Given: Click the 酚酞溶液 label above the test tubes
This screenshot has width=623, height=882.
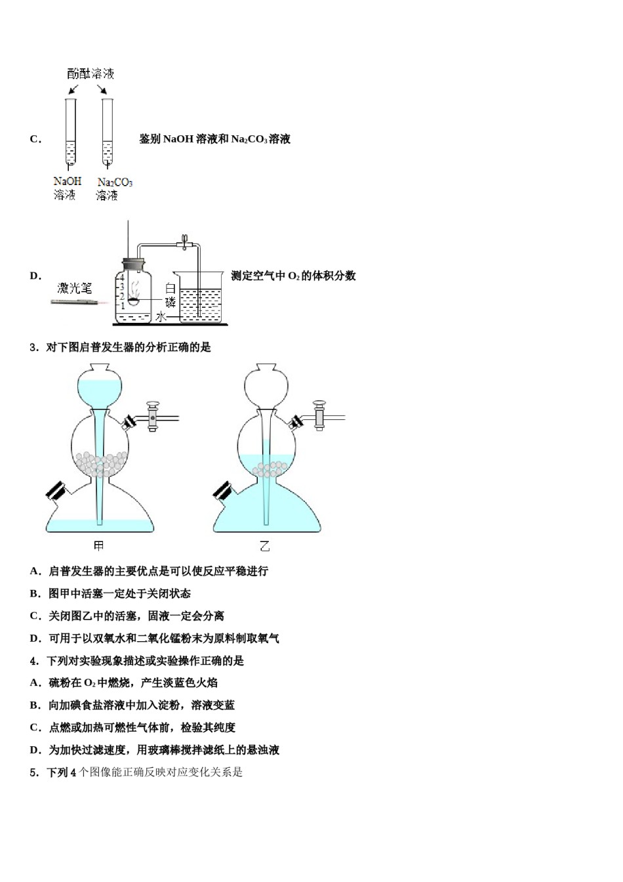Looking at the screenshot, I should click(90, 73).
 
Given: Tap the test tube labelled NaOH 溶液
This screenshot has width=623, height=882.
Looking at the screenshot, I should click(71, 131).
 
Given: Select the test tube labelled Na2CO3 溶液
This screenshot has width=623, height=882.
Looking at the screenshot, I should click(108, 131).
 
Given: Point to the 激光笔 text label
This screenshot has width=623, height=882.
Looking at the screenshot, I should click(75, 287).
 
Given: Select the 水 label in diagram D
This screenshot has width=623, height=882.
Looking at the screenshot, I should click(160, 317).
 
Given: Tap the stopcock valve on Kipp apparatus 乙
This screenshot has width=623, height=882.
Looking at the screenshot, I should click(320, 415).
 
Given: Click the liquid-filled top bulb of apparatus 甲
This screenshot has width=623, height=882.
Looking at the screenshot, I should click(100, 388).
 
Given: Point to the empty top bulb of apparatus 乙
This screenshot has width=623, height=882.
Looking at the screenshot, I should click(266, 388).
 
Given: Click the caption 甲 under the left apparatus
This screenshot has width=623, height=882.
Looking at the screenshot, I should click(99, 546).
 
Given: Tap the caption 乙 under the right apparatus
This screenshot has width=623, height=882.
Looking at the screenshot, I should click(265, 546).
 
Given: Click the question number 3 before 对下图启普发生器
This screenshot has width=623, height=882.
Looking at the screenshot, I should click(33, 348).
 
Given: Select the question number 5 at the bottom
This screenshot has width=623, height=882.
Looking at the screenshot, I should click(33, 772).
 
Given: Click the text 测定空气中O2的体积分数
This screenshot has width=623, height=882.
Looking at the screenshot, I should click(293, 276).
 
